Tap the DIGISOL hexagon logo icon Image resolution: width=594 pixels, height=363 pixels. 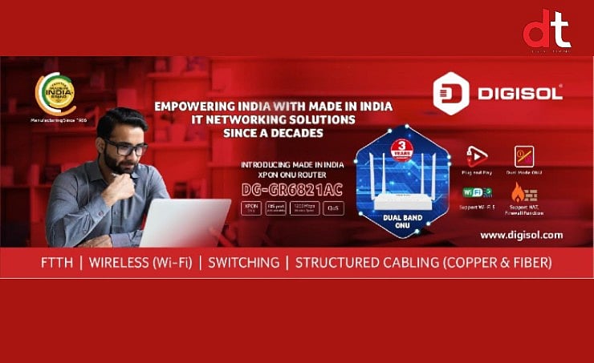click(x=450, y=94)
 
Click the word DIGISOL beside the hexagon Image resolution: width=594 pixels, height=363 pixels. click(x=520, y=94)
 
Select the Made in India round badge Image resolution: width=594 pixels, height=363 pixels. click(x=55, y=95)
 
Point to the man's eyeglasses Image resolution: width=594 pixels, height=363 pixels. click(x=126, y=147)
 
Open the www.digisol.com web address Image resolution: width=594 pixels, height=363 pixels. click(x=521, y=235)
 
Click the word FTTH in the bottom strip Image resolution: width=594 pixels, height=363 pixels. click(x=58, y=262)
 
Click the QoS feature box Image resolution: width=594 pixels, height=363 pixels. click(x=333, y=209)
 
